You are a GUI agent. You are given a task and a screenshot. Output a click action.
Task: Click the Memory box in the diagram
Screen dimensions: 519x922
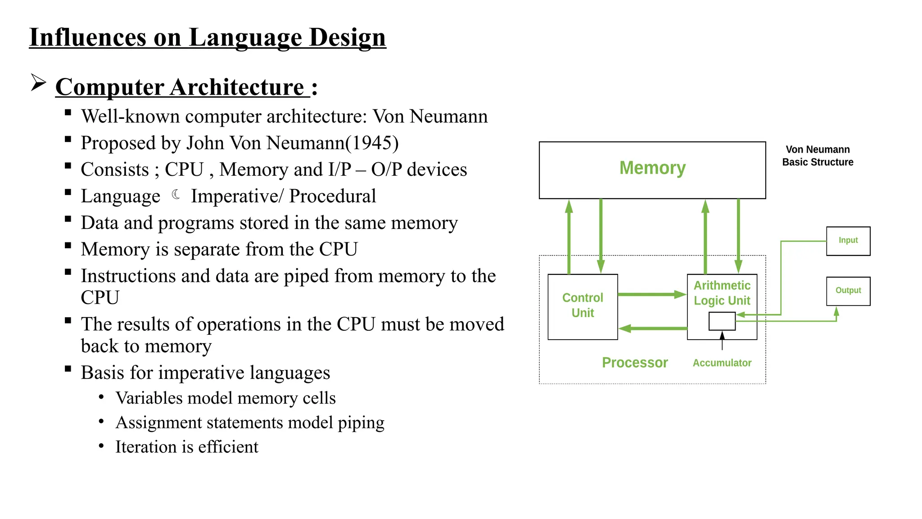point(652,170)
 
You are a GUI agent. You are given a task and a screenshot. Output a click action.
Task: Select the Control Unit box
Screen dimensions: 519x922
point(583,306)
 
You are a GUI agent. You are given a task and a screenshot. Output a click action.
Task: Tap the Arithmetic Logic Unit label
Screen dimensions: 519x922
point(722,293)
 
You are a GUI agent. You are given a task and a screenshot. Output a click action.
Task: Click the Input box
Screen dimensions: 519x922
point(848,241)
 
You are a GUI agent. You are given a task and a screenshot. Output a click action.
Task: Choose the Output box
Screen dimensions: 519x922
point(848,291)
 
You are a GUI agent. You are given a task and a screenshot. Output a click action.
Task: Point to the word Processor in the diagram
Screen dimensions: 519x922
point(634,363)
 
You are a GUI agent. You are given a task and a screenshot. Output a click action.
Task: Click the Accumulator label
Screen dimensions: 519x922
point(722,363)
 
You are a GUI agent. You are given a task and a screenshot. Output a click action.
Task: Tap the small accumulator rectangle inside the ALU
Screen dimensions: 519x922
point(722,321)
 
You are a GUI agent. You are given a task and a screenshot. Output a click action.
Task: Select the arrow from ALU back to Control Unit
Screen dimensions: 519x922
point(653,328)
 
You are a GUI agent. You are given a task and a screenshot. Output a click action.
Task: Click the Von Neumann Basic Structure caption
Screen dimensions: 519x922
point(818,156)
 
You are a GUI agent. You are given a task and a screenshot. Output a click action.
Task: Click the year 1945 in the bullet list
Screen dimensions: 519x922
point(371,143)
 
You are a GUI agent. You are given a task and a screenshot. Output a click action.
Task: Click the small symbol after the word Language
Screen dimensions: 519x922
point(176,195)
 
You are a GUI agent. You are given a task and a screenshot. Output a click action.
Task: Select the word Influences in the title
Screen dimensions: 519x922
point(87,37)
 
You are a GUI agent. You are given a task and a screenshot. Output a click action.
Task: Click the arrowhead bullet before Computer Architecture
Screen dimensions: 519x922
point(39,82)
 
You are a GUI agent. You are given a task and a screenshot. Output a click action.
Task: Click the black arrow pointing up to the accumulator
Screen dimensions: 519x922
point(722,341)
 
